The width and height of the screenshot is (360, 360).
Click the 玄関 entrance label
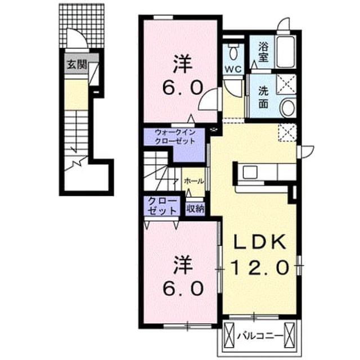(x=76, y=65)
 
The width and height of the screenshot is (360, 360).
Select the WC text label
(x=233, y=69)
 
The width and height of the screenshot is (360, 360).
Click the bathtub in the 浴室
(x=286, y=52)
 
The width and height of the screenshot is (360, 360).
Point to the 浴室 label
(x=263, y=52)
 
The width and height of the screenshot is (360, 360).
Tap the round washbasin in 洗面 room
(x=288, y=107)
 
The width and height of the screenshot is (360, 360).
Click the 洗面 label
(x=263, y=97)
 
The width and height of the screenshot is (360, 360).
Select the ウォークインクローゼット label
(x=175, y=137)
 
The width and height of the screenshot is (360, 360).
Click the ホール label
(x=194, y=181)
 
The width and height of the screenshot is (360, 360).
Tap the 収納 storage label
(x=195, y=209)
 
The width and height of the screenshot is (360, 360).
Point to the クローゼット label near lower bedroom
(x=163, y=206)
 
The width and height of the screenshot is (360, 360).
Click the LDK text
(x=259, y=242)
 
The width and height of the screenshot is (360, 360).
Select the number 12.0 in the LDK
(x=259, y=268)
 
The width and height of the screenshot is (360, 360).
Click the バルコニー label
(x=259, y=336)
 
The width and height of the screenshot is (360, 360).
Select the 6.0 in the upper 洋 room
(x=183, y=88)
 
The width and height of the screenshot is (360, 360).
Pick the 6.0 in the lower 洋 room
(x=183, y=289)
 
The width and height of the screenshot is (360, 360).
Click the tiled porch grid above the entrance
(x=82, y=26)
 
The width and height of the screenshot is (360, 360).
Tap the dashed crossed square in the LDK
(x=287, y=133)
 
